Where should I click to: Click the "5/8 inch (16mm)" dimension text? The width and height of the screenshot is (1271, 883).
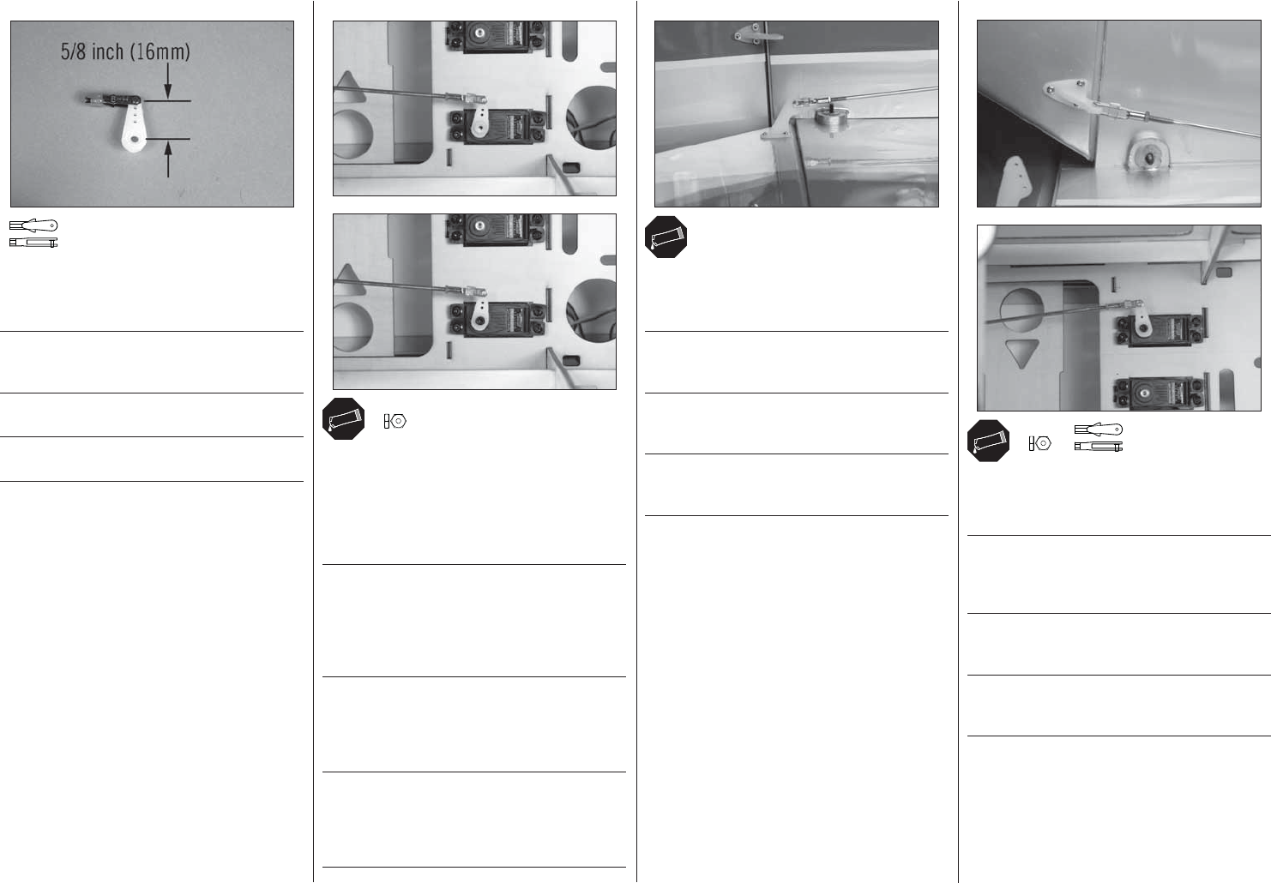(125, 51)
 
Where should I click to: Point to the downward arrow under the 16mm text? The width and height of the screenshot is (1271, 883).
(168, 81)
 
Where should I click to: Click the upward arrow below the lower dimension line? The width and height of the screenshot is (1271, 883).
(168, 160)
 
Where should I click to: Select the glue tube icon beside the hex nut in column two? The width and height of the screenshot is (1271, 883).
(343, 419)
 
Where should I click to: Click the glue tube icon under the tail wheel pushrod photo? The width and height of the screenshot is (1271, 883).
(666, 237)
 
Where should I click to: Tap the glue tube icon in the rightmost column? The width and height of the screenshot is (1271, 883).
(989, 441)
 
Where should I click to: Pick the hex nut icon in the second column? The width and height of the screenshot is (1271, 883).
(395, 422)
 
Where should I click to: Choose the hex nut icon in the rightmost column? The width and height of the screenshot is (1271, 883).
(1039, 443)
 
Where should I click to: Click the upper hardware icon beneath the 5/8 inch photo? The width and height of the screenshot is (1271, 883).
(33, 225)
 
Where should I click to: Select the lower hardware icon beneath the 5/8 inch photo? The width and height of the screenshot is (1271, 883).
(33, 243)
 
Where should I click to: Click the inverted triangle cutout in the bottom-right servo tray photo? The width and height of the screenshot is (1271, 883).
(1022, 352)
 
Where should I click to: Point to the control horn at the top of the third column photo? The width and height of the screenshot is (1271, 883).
(757, 33)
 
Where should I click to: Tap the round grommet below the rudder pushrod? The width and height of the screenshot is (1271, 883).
(1145, 155)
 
